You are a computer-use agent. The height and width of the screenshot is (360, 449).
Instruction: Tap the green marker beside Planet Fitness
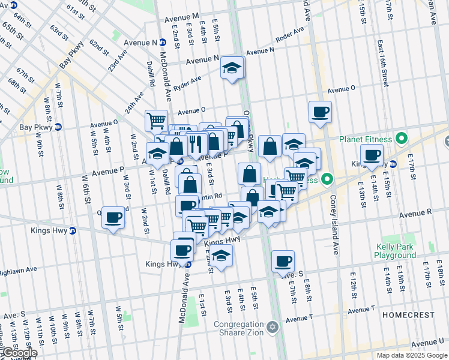click(402, 139)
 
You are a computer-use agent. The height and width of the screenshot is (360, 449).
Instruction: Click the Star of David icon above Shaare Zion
click(273, 327)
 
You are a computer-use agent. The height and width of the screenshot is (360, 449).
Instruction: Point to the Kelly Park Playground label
click(396, 251)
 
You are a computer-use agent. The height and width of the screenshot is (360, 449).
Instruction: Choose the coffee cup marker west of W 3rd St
click(113, 218)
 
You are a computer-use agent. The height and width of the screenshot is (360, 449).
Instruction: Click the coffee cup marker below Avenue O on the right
click(320, 112)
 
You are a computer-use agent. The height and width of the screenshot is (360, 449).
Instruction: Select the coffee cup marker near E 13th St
click(372, 155)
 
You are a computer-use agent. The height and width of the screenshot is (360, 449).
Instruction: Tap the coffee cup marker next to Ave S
click(283, 261)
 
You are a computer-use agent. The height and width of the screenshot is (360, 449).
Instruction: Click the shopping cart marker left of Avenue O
click(156, 120)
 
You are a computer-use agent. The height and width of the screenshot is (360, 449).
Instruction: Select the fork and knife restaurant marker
click(195, 143)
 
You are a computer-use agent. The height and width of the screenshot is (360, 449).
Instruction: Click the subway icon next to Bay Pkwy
click(58, 127)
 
